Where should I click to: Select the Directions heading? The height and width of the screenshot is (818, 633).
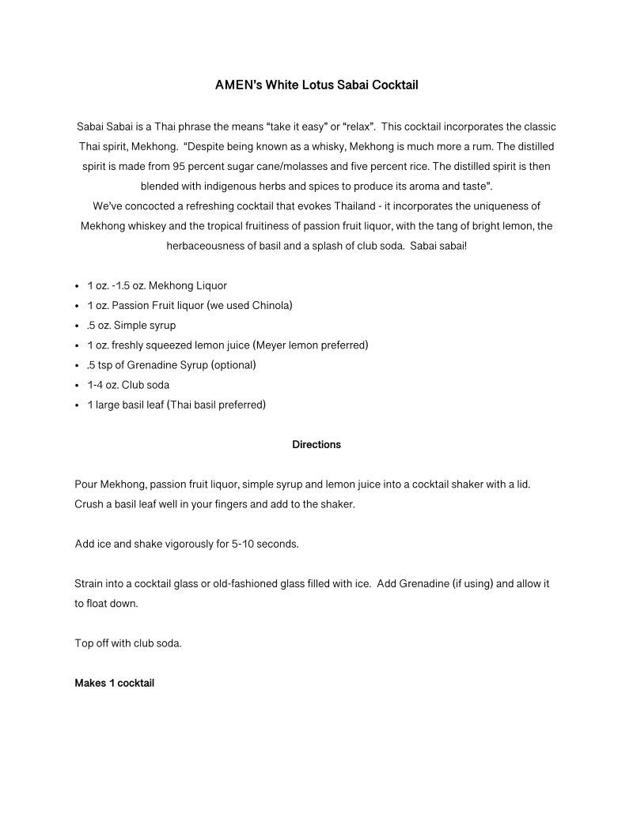coord(316,444)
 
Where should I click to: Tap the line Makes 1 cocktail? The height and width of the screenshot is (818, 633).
coord(114,683)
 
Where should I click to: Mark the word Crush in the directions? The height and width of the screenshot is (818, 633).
coord(89,503)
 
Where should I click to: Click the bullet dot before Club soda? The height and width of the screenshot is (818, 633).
coord(76,386)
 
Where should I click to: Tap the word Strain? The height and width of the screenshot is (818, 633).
coord(89,583)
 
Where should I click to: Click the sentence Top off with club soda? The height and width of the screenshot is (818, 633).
coord(128,643)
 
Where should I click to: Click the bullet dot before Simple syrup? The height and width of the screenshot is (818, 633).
coord(76,326)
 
